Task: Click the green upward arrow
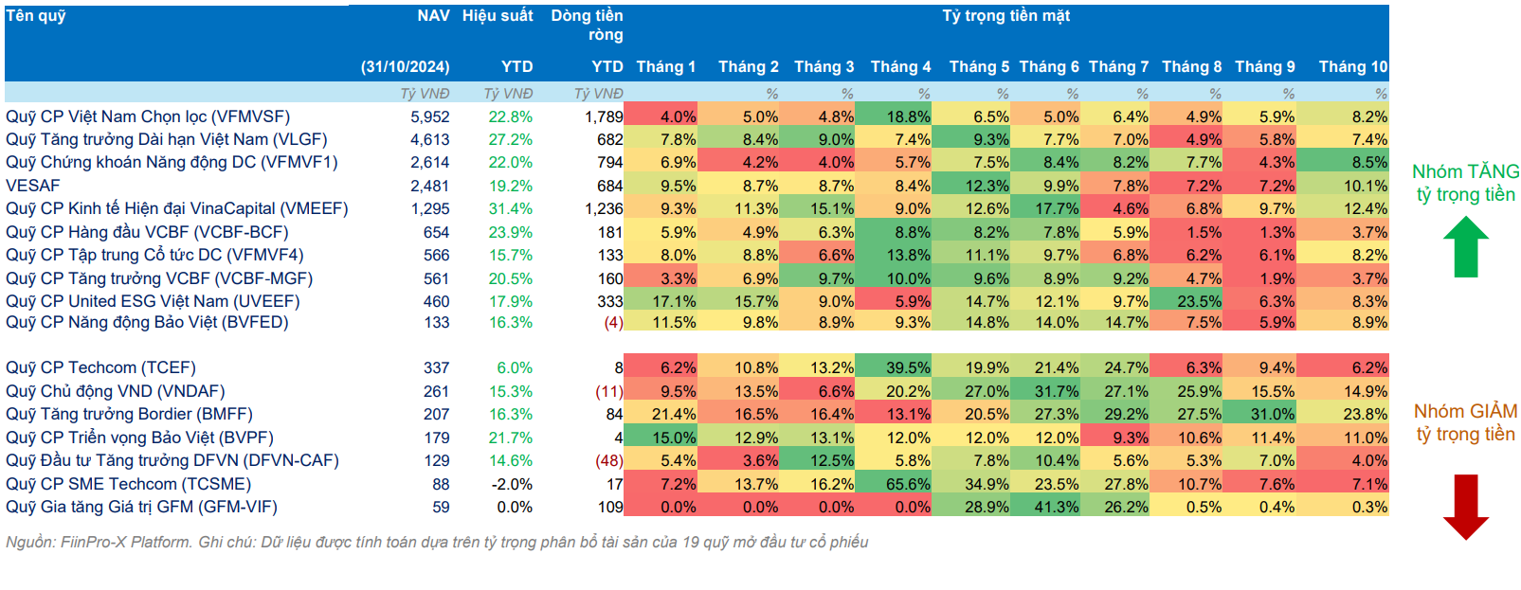[x=1466, y=247]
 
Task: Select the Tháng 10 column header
[x=1353, y=66]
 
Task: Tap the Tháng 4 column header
[x=900, y=66]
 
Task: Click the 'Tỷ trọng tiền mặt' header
[x=1005, y=15]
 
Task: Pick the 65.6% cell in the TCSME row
[x=908, y=484]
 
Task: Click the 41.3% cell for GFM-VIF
[x=1057, y=508]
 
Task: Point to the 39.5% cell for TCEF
[x=908, y=368]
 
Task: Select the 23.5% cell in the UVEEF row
[x=1200, y=301]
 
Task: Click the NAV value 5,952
[x=430, y=116]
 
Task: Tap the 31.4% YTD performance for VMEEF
[x=511, y=208]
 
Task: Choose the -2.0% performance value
[x=511, y=484]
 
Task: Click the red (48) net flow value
[x=609, y=461]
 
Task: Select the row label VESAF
[x=32, y=186]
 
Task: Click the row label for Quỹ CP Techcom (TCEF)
[x=100, y=368]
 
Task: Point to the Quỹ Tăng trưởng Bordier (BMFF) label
[x=129, y=414]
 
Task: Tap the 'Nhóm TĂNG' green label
[x=1465, y=171]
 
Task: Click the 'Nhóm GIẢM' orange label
[x=1465, y=411]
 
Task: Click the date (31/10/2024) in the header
[x=405, y=66]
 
